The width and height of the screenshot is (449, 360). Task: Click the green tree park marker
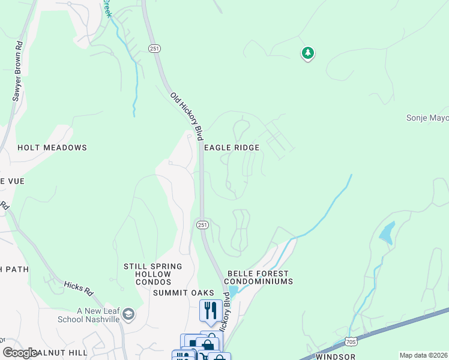click(308, 53)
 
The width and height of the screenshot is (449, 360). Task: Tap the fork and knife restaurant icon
click(210, 310)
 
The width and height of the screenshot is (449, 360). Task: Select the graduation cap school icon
click(128, 314)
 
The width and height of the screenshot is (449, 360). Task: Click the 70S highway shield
click(352, 342)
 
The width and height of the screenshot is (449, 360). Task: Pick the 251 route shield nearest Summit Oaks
click(202, 224)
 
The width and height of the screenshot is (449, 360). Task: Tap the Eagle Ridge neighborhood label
click(232, 148)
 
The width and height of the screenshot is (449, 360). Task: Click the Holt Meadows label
click(52, 148)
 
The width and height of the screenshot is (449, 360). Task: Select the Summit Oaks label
click(183, 293)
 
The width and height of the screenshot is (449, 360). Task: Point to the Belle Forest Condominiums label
click(258, 277)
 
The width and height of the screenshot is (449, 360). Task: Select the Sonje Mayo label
click(427, 118)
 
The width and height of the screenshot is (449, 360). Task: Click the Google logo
click(20, 353)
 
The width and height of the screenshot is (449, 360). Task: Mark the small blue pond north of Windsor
click(387, 233)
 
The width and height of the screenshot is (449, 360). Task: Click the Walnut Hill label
click(57, 352)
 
